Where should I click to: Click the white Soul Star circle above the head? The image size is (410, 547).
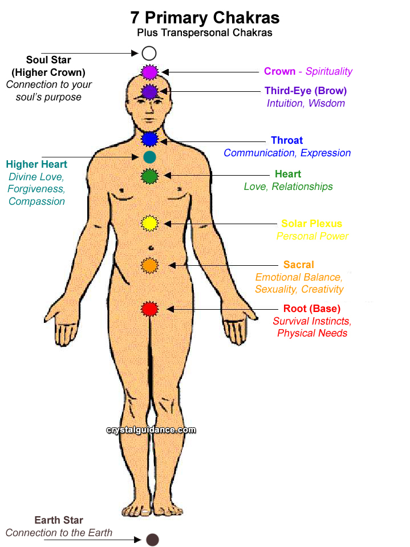[x=149, y=54]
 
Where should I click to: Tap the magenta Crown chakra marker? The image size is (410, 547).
[x=149, y=72]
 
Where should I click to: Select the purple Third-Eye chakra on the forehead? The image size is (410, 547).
[x=149, y=91]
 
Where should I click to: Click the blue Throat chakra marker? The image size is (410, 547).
[x=149, y=139]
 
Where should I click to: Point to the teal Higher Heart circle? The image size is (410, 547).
[x=149, y=157]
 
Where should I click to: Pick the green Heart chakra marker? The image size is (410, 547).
[x=149, y=176]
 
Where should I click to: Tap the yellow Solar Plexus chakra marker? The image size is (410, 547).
[x=149, y=224]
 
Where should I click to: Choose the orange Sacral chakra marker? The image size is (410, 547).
[x=149, y=265]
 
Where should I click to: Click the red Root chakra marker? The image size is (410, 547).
[x=149, y=309]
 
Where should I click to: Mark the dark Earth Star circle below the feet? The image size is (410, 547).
[x=152, y=540]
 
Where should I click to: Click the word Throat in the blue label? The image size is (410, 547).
[x=287, y=140]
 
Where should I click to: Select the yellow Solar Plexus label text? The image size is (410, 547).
[x=311, y=224]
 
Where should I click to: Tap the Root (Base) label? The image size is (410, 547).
[x=311, y=309]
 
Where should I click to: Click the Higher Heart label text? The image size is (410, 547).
[x=36, y=164]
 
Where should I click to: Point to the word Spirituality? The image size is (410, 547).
[x=329, y=71]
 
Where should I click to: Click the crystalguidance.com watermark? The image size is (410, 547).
[x=151, y=430]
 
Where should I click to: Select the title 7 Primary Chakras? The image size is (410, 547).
[x=205, y=17]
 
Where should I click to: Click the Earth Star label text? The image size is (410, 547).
[x=58, y=520]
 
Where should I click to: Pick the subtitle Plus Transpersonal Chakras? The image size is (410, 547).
[x=205, y=33]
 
